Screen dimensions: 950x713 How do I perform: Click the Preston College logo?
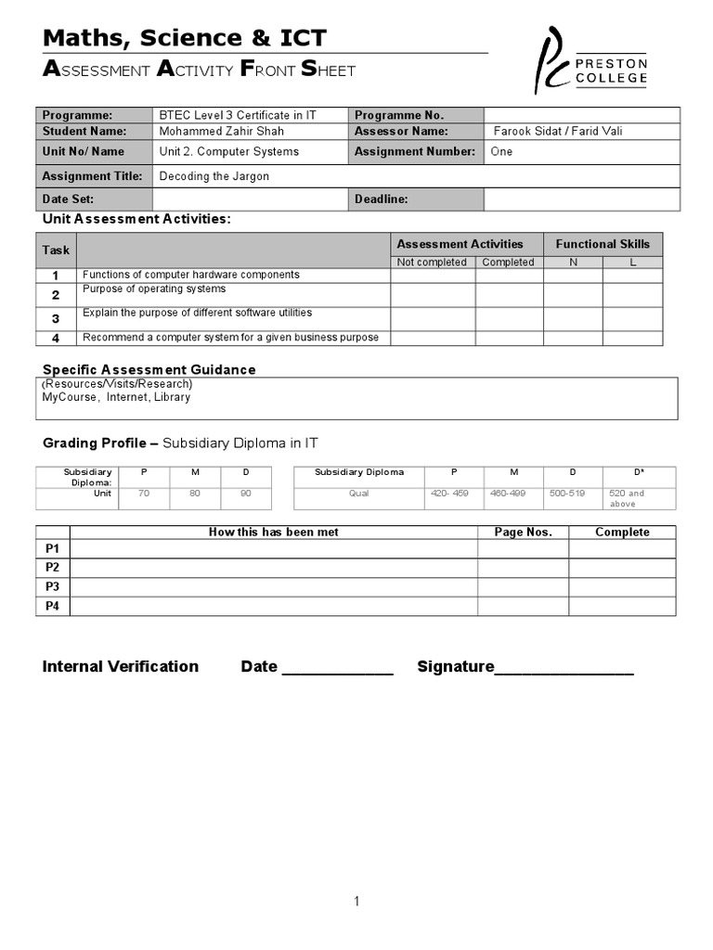tap(590, 61)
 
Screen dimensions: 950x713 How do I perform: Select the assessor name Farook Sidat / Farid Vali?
tap(558, 131)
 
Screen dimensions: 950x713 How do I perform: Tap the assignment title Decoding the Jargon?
tap(214, 175)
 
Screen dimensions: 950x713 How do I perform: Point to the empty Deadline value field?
tap(581, 199)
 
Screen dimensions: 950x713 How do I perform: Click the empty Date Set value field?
tap(251, 199)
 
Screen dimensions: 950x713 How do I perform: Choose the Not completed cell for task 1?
tap(433, 276)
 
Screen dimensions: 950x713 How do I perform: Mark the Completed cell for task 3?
tap(509, 318)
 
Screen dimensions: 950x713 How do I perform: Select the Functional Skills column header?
tap(603, 244)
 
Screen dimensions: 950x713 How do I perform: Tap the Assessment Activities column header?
tap(460, 244)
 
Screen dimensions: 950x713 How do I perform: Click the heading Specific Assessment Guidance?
tap(149, 369)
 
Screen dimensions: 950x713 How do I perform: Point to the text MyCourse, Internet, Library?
tap(116, 397)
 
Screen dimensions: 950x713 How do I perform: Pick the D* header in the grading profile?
tap(640, 472)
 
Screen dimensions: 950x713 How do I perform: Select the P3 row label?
tap(53, 586)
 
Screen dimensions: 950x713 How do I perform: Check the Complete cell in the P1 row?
tap(622, 548)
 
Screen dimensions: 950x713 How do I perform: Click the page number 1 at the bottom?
tap(356, 901)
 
